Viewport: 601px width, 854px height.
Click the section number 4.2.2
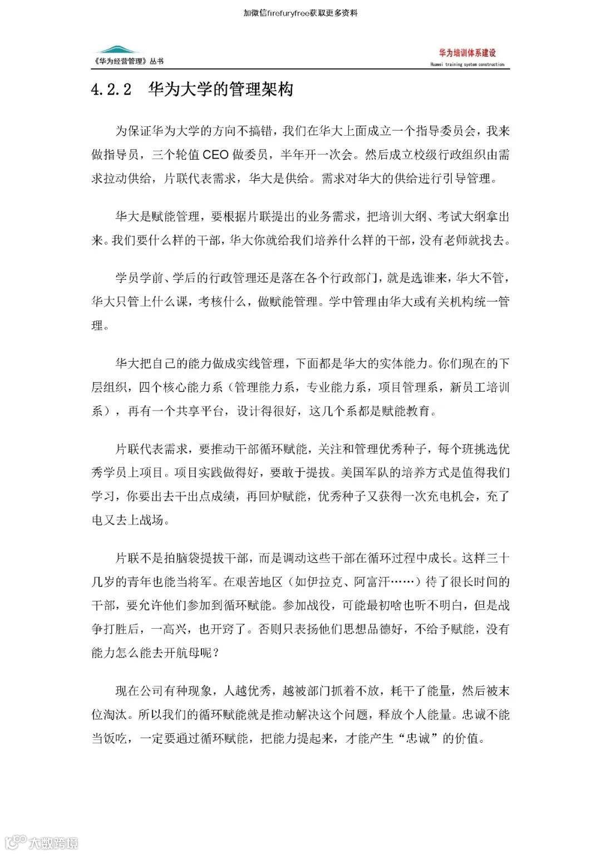point(111,90)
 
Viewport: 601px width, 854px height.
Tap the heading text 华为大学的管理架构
point(220,89)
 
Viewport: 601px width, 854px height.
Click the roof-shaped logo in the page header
point(116,50)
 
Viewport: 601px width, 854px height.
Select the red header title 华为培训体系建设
point(467,53)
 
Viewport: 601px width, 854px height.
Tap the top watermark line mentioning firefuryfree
point(300,13)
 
